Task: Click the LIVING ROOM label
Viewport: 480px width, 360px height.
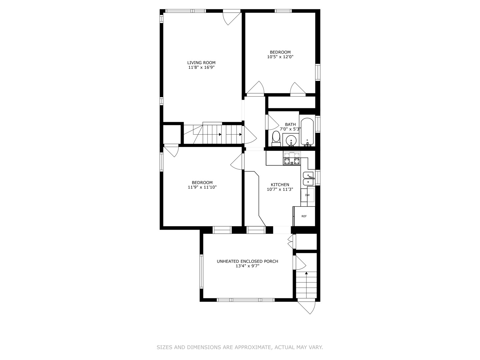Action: pyautogui.click(x=201, y=63)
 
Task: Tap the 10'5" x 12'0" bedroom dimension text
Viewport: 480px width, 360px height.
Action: pyautogui.click(x=280, y=57)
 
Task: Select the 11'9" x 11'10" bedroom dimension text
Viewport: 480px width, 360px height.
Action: pyautogui.click(x=202, y=187)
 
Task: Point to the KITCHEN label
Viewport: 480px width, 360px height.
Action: pyautogui.click(x=280, y=185)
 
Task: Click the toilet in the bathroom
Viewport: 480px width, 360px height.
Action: pyautogui.click(x=276, y=139)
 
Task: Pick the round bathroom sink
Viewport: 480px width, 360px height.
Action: pyautogui.click(x=291, y=140)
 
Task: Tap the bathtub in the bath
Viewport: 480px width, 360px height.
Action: pyautogui.click(x=307, y=131)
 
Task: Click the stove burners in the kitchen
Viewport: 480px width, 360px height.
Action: pyautogui.click(x=292, y=158)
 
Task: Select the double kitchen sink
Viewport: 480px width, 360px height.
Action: pyautogui.click(x=308, y=179)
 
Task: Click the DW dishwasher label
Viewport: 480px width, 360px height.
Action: pyautogui.click(x=307, y=195)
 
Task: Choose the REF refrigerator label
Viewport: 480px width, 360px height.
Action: pyautogui.click(x=304, y=216)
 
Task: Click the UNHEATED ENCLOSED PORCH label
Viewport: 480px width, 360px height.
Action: pyautogui.click(x=247, y=261)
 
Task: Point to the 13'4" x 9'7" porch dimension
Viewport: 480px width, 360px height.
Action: pyautogui.click(x=247, y=266)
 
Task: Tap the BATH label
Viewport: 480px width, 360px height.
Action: pyautogui.click(x=290, y=124)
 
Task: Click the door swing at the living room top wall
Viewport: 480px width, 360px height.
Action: pyautogui.click(x=232, y=19)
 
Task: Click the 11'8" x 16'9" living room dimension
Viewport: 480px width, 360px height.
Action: pyautogui.click(x=201, y=67)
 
